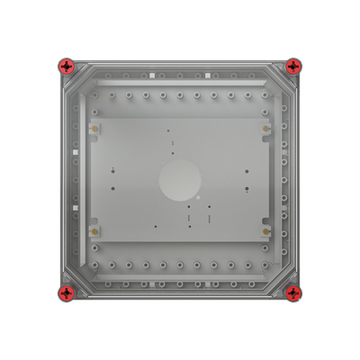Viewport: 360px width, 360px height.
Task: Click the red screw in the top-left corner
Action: click(66, 66)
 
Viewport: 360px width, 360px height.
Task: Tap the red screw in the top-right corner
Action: click(293, 66)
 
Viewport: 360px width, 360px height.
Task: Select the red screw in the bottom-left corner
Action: click(66, 293)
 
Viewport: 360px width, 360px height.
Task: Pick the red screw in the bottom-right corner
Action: click(293, 293)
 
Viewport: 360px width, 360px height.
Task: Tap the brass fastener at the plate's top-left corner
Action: click(93, 129)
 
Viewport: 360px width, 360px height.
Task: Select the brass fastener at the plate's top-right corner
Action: click(266, 129)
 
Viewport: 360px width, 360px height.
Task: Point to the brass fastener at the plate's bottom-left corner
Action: click(93, 231)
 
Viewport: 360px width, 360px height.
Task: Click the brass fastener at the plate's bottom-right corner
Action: click(266, 231)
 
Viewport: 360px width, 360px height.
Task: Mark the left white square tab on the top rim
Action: click(154, 76)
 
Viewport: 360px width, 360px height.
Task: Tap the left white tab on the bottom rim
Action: click(154, 283)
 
